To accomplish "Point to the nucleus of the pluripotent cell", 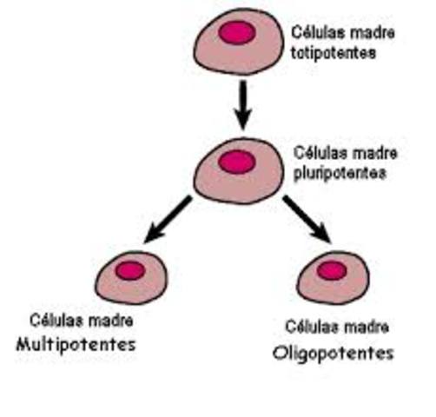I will point(236,162).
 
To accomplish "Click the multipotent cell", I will point(129,279).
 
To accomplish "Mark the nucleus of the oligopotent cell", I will point(331,270).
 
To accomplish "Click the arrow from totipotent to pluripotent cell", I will point(244,104).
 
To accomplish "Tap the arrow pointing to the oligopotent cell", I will point(307,219).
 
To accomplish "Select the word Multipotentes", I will point(76,344).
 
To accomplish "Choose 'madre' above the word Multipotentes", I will point(109,321).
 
